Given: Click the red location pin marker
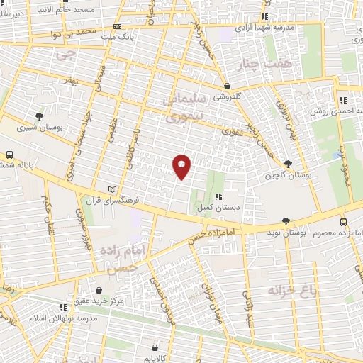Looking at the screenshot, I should pos(182,166).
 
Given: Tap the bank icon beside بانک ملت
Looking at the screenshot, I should pos(117,26).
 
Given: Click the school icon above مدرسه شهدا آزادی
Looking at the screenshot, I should pos(265,16).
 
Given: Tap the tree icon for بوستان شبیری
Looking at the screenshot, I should pos(39,116).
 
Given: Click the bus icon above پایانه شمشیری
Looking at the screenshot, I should pos(10,154).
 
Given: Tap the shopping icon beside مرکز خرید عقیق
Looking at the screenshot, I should pos(99,290).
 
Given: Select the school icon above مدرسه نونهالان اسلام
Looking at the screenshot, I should pos(63,307).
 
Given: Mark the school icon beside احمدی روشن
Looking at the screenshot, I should pos(342,100).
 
